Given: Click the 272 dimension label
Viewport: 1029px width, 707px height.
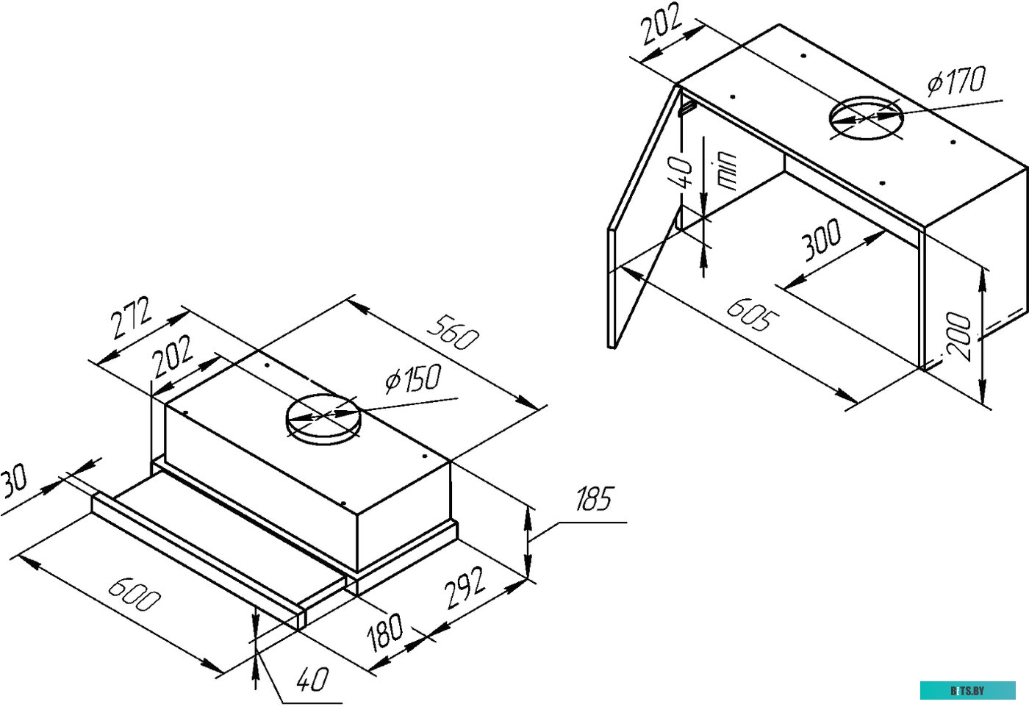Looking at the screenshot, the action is [132, 318].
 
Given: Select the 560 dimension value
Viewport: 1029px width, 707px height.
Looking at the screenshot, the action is [453, 333].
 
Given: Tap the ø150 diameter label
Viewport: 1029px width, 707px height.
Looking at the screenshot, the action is [413, 379].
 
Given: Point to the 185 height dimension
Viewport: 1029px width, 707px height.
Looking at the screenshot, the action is [595, 500].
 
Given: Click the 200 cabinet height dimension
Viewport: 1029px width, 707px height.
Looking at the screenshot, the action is [960, 337].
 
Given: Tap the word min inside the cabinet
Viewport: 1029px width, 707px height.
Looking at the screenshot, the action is [726, 171].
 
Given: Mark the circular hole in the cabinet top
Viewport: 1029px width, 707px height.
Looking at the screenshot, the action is [866, 118].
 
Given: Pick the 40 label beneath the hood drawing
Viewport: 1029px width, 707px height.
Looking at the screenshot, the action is [312, 679].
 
